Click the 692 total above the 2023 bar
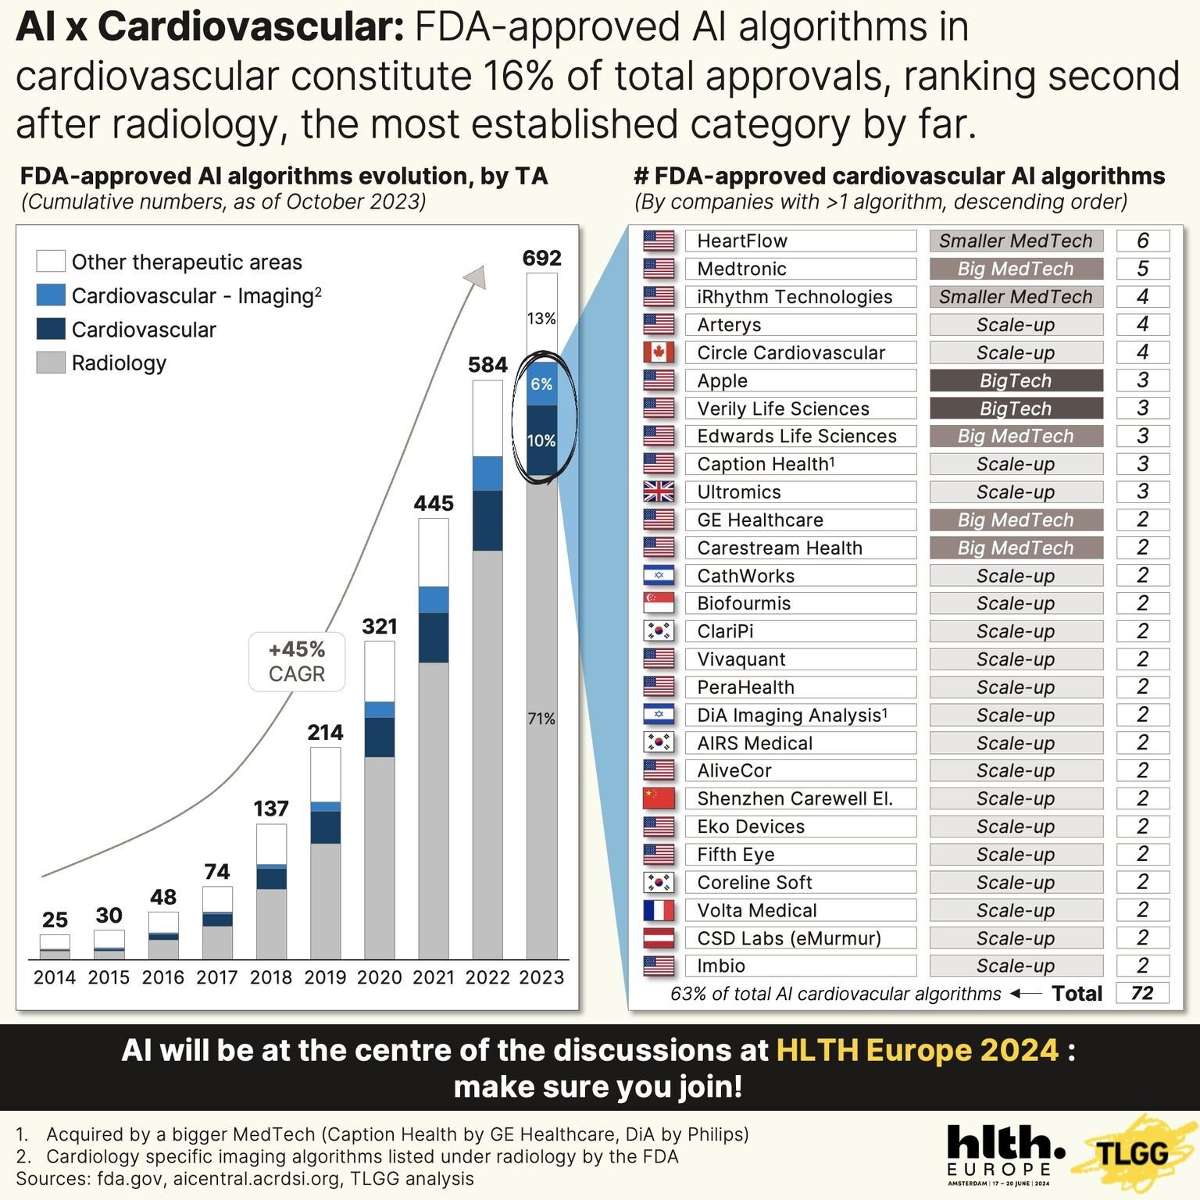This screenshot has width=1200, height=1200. click(541, 258)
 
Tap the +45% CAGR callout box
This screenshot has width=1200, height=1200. click(297, 662)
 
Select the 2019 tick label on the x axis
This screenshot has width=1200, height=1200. click(325, 977)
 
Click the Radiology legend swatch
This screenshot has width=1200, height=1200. click(51, 362)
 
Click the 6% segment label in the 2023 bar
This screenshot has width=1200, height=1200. click(541, 384)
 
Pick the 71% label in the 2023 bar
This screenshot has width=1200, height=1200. click(541, 719)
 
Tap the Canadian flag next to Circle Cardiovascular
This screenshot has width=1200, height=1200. click(659, 352)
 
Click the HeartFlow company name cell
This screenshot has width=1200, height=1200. click(800, 241)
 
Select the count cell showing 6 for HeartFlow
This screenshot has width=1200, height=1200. click(1142, 241)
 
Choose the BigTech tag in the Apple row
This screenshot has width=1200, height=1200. click(1016, 380)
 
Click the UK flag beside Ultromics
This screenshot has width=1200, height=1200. click(659, 491)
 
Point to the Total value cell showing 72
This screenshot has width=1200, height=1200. click(1142, 993)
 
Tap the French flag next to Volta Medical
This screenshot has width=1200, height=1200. click(659, 910)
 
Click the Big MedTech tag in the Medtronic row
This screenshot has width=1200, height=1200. click(1016, 269)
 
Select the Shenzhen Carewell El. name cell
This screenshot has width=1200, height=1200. click(800, 798)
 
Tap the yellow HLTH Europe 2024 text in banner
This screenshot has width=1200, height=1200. click(917, 1050)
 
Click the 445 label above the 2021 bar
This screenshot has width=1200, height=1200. click(434, 503)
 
